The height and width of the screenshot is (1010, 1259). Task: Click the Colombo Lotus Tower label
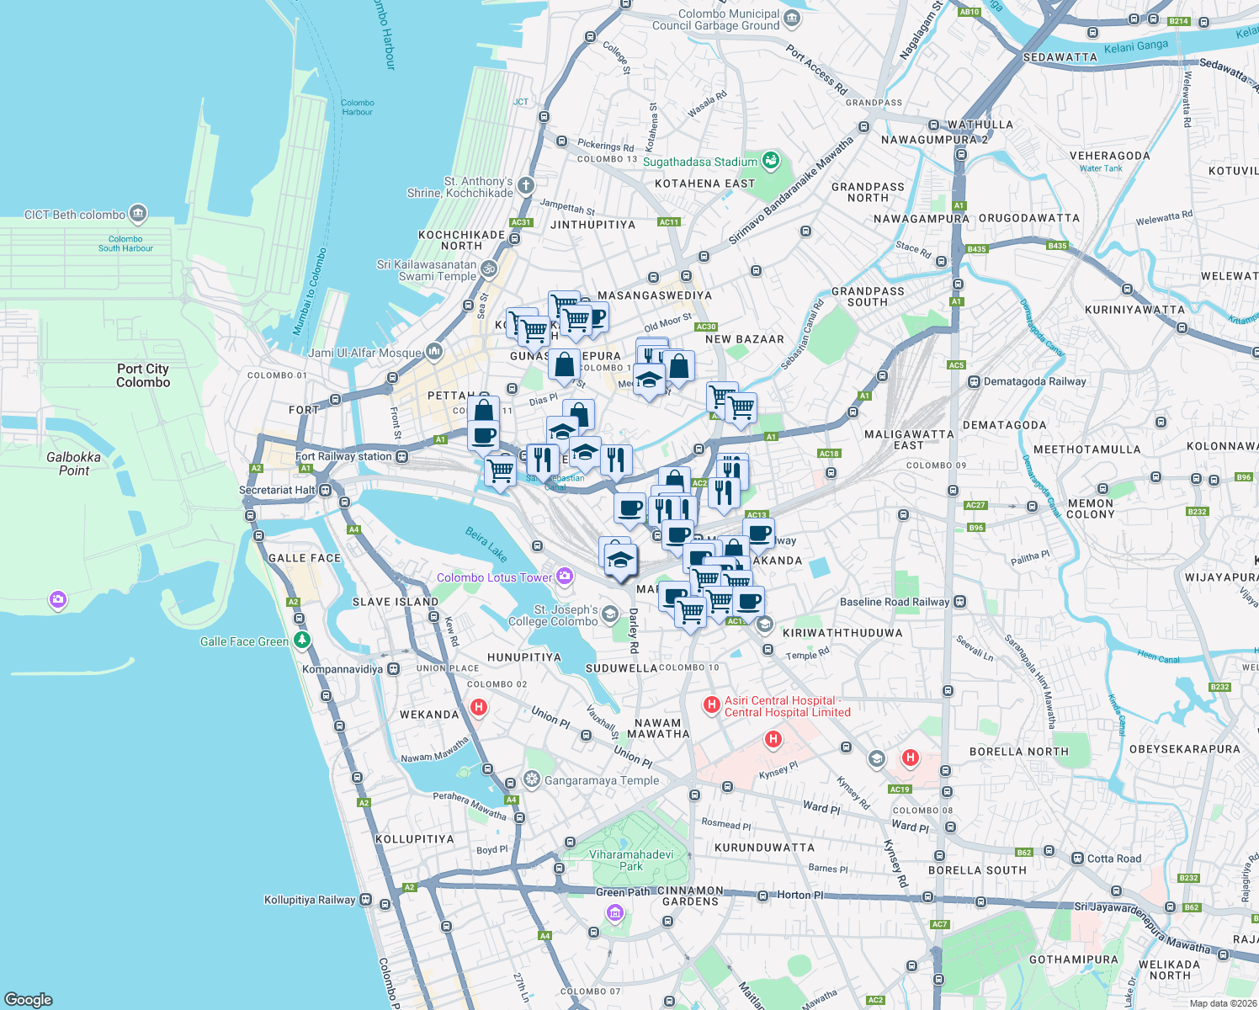click(x=495, y=577)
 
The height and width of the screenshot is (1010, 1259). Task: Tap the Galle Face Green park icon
click(x=302, y=641)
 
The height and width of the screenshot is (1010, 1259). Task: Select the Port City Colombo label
click(x=143, y=375)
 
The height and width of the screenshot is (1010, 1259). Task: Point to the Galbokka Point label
click(x=74, y=464)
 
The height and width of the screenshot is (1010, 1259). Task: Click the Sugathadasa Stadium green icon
click(x=771, y=160)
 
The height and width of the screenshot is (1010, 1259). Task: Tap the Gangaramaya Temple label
click(x=602, y=780)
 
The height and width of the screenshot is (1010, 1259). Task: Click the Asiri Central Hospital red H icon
click(x=711, y=704)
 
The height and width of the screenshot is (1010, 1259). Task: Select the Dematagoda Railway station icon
click(x=975, y=381)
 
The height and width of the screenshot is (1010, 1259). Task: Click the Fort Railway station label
click(x=343, y=456)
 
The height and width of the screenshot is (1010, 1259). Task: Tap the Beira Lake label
click(x=486, y=545)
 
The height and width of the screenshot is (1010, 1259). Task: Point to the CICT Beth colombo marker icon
click(x=138, y=214)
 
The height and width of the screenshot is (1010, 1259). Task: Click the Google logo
click(x=29, y=999)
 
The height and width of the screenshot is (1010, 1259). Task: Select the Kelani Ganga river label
click(x=1136, y=47)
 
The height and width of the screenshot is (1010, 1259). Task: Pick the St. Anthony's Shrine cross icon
click(x=526, y=185)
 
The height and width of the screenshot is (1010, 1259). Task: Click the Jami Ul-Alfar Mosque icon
click(x=434, y=350)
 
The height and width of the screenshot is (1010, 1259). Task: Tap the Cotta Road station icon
click(x=1076, y=858)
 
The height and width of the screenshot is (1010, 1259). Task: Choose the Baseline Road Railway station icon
click(x=960, y=602)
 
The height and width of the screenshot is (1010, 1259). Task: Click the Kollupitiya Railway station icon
click(x=365, y=900)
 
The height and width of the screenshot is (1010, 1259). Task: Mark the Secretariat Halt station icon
click(x=325, y=490)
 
